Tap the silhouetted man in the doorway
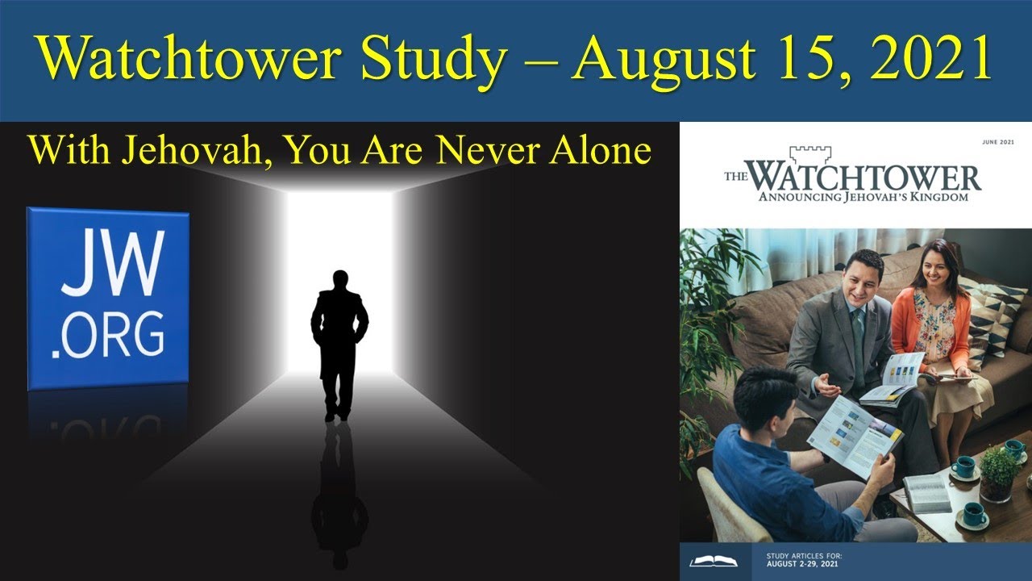pos(339,343)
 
